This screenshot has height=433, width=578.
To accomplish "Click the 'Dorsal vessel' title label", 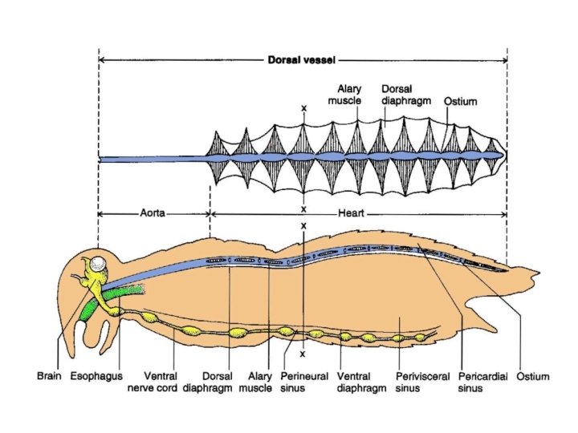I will click(x=303, y=59).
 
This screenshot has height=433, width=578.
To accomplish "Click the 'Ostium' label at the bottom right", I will click(x=531, y=374).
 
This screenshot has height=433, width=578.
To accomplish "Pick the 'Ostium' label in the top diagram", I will click(x=461, y=102).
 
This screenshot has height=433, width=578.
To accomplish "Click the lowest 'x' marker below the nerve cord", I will click(x=303, y=354).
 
